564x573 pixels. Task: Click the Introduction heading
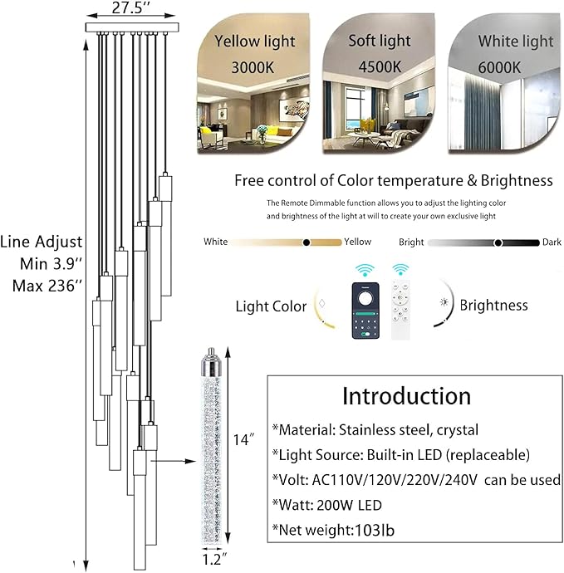(406, 396)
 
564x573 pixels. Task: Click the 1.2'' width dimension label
(211, 560)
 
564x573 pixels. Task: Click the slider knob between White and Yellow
(307, 242)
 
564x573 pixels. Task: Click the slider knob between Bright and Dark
(498, 242)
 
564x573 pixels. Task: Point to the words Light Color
(271, 306)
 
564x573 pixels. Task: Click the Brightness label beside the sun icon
(493, 305)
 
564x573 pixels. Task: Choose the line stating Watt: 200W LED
(326, 506)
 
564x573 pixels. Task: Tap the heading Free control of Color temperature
(393, 180)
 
